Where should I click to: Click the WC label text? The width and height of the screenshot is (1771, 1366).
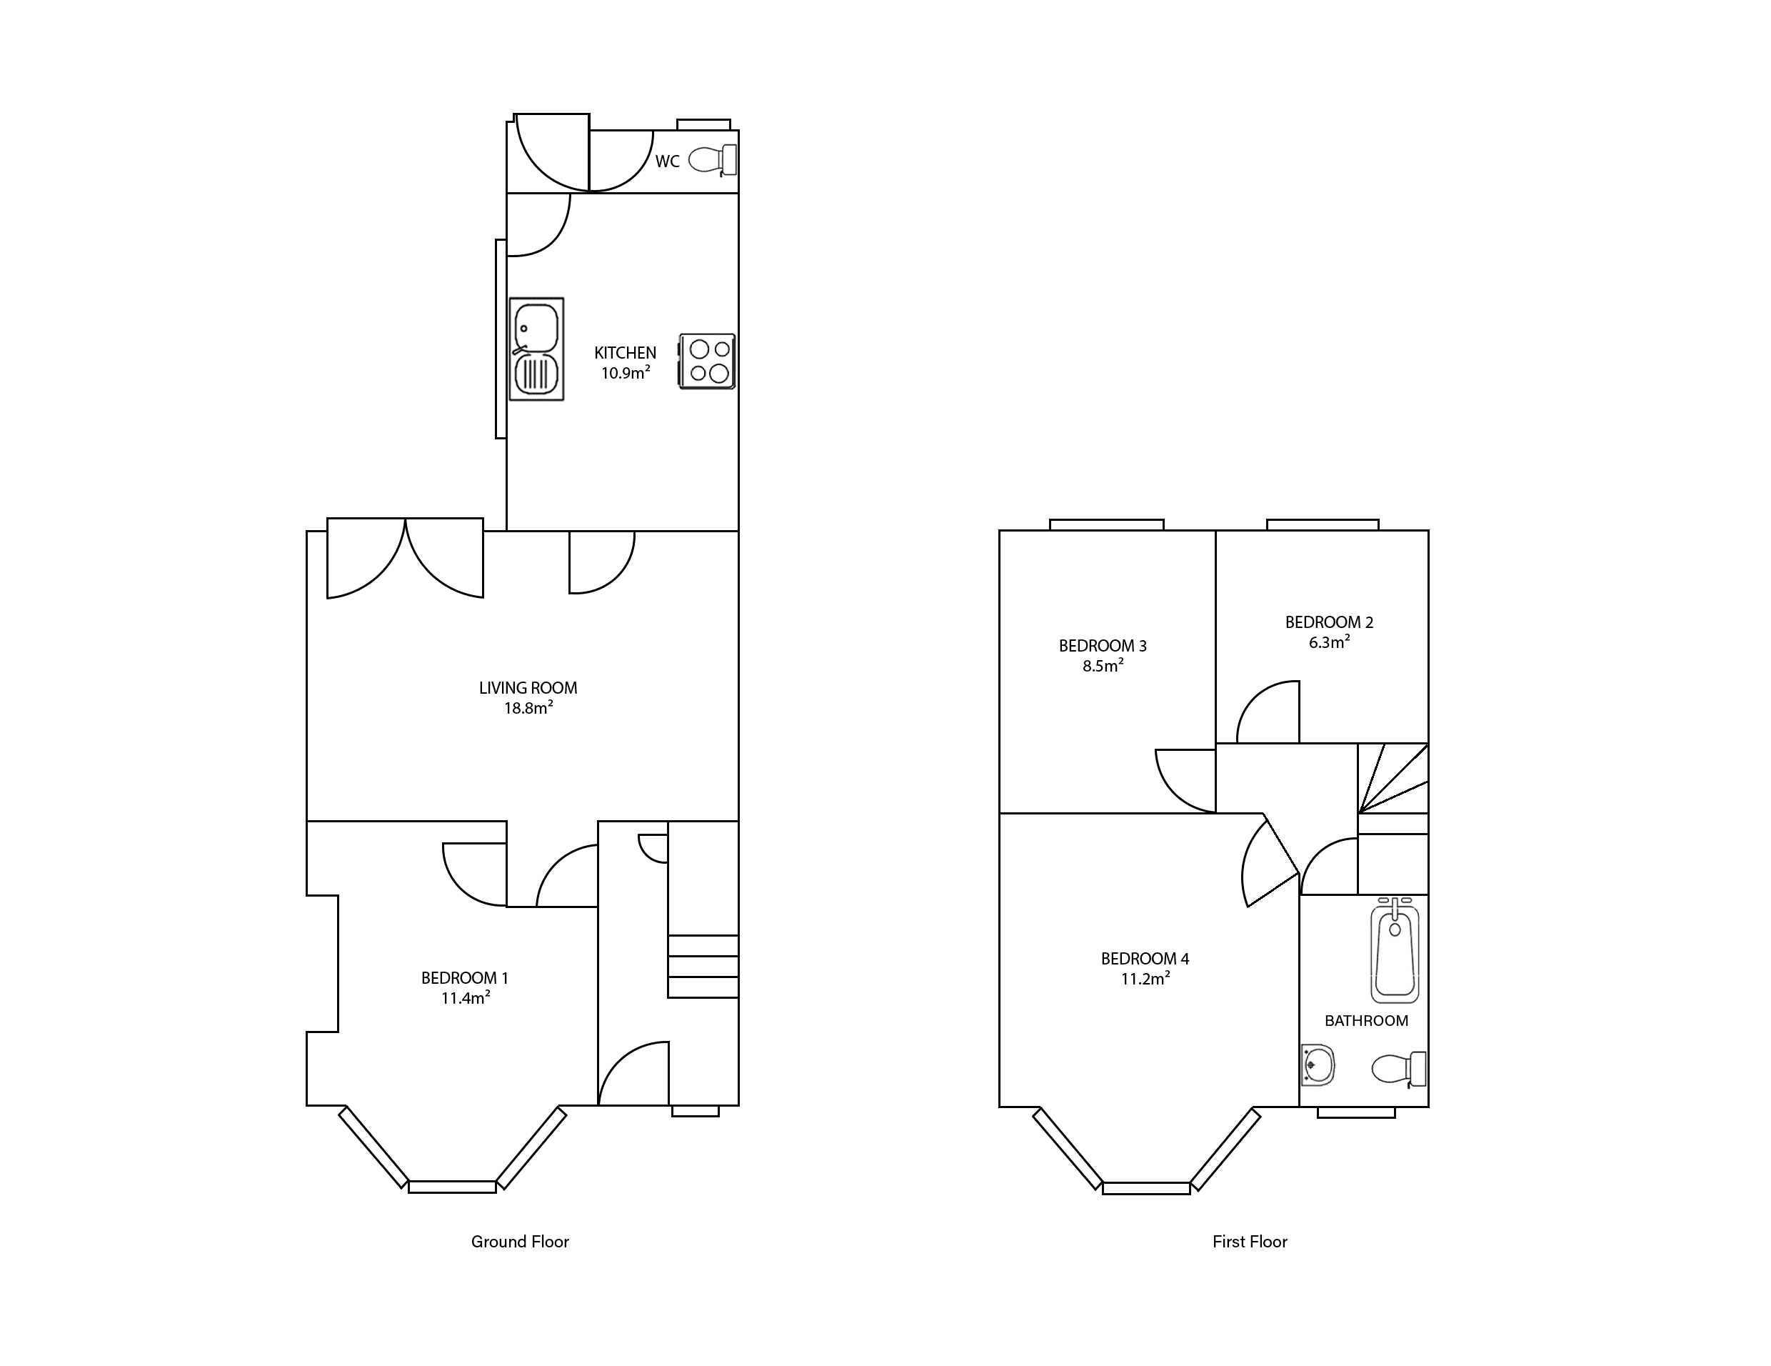(668, 161)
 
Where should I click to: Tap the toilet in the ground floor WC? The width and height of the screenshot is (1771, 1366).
(713, 160)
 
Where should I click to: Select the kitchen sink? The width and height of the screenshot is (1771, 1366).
(536, 349)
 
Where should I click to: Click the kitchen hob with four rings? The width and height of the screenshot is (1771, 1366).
(707, 362)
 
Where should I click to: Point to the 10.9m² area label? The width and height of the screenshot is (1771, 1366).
(625, 373)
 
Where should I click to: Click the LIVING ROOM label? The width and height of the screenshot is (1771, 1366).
(528, 688)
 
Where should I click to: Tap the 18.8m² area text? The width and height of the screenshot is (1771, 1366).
(528, 708)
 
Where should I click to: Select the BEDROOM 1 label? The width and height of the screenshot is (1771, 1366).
(465, 978)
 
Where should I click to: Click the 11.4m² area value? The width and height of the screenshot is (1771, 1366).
(465, 999)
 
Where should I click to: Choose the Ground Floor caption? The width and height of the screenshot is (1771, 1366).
(520, 1241)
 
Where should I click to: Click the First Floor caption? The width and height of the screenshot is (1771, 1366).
(1250, 1241)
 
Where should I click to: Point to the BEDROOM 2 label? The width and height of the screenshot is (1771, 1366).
(1329, 622)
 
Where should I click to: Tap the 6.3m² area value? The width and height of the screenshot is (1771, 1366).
(1329, 642)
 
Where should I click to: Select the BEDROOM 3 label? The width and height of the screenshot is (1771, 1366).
(1103, 646)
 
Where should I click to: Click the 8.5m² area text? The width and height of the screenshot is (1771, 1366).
(1103, 666)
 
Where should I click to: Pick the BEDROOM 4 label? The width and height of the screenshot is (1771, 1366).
(1145, 959)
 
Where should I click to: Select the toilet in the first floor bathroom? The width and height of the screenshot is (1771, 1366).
(1399, 1069)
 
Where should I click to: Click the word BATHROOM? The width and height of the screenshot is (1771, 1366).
(1366, 1020)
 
